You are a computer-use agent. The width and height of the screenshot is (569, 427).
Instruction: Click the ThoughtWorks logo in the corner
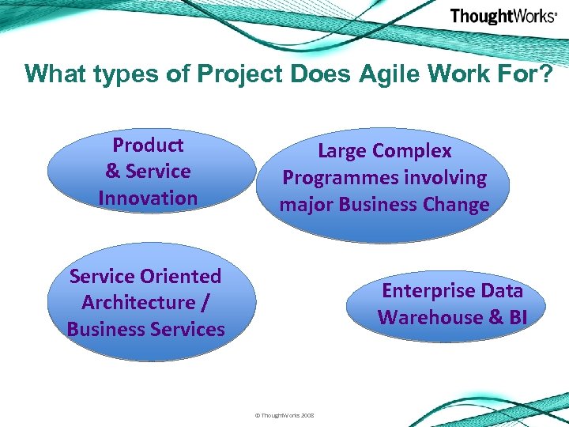[x=503, y=17]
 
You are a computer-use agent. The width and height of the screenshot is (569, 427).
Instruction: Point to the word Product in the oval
[x=148, y=145]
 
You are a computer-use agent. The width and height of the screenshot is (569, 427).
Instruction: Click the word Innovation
[x=148, y=198]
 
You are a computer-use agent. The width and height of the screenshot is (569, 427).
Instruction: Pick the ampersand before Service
[x=113, y=172]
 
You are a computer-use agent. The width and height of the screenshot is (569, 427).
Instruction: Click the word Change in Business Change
[x=456, y=205]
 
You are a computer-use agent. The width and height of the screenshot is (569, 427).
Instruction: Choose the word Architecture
[x=138, y=303]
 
